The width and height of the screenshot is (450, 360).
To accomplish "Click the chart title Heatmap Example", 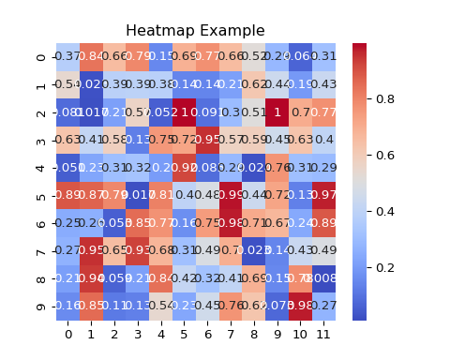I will coord(195,31).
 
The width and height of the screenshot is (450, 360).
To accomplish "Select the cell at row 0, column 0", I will coord(67,56).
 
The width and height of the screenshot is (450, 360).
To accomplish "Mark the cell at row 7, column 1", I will coord(91,250).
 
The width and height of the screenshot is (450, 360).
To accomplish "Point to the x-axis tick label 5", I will coord(184,334).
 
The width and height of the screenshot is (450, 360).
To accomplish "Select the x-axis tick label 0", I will coord(67,334).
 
